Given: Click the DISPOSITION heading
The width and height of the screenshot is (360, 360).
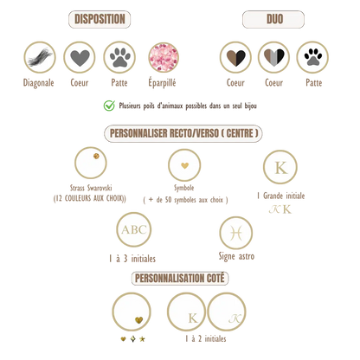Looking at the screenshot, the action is tap(100, 19).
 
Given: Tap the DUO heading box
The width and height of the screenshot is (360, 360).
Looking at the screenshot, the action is tap(273, 19).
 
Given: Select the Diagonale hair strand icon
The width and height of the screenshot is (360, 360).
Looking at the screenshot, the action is tap(40, 57).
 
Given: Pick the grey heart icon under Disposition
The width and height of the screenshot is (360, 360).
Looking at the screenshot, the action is tap(80, 57).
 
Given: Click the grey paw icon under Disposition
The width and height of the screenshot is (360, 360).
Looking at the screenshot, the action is tap(119, 57).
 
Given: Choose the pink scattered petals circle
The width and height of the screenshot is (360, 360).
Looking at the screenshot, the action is tap(164, 57).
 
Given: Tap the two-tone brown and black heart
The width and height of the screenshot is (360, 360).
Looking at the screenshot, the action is tap(235, 57).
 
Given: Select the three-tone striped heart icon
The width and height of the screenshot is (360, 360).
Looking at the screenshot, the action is tap(273, 57).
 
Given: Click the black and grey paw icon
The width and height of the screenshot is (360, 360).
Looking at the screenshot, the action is tap(312, 57).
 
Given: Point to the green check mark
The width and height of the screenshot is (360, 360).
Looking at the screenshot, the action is tap(109, 106).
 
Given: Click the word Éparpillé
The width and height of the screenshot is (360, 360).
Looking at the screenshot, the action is tap(162, 83).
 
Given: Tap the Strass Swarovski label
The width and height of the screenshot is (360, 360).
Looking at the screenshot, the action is tap(91, 188).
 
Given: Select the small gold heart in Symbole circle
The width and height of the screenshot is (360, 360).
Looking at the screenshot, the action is tap(184, 165).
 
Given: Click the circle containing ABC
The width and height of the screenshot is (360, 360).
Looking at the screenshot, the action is tap(134, 229).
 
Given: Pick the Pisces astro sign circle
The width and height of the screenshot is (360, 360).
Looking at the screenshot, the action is tap(236, 233).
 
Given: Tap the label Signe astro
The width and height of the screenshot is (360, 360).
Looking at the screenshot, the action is tap(236, 256).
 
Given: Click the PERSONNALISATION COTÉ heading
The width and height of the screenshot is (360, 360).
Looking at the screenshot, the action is tap(180, 279).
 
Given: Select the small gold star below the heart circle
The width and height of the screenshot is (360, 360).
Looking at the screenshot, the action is tap(142, 339).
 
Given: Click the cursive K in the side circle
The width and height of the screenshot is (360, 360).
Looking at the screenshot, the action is tap(235, 318).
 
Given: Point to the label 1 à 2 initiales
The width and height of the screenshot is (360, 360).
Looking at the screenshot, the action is tap(206, 338).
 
